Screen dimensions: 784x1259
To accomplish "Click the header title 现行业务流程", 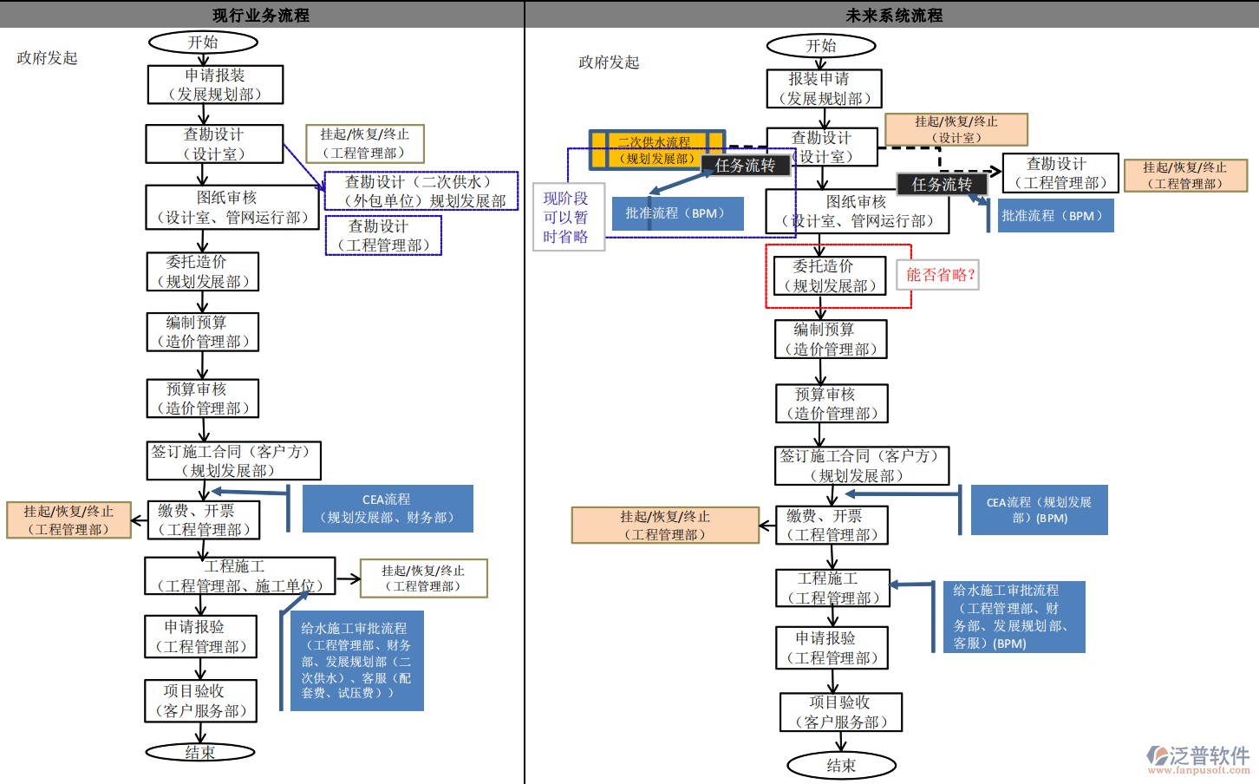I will [x=261, y=15].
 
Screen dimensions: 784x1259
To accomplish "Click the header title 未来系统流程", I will [x=894, y=15].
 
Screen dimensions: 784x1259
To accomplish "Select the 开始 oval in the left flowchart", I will [x=204, y=42].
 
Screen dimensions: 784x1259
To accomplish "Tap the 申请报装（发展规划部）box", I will [x=215, y=85].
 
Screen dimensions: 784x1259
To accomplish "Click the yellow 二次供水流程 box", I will [x=656, y=149].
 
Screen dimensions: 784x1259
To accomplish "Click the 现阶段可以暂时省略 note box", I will [x=568, y=218].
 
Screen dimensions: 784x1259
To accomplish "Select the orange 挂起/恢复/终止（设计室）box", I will [x=956, y=129].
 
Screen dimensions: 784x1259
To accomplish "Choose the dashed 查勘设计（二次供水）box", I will [x=421, y=191].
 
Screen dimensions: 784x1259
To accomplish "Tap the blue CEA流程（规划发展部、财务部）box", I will [x=388, y=508].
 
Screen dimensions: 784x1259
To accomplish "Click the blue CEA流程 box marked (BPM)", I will [x=1039, y=510].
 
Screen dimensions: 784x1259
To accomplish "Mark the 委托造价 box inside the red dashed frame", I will [x=829, y=276].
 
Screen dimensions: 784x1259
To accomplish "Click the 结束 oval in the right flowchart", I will [x=841, y=765].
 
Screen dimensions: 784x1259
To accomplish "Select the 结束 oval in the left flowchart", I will [x=200, y=752].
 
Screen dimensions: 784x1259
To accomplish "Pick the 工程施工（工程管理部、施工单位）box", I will [x=239, y=576].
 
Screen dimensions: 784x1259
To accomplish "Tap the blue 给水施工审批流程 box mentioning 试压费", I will [x=356, y=660].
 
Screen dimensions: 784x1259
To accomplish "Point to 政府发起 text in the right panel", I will [x=609, y=62].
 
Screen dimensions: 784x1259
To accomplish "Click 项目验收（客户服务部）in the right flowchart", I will [x=841, y=712].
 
